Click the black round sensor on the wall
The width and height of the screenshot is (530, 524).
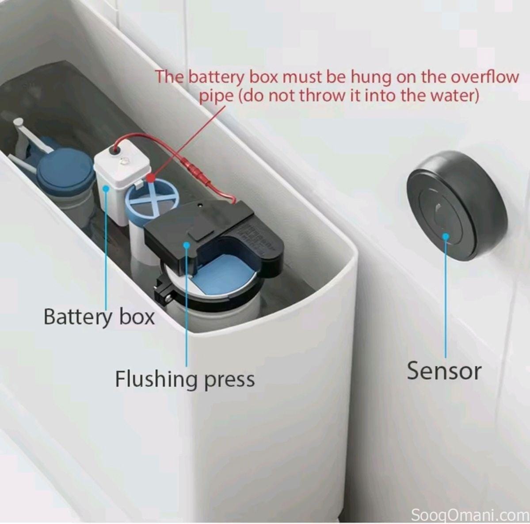pyautogui.click(x=456, y=204)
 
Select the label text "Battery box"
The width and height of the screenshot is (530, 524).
pyautogui.click(x=99, y=317)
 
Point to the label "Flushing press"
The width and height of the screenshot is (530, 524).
pyautogui.click(x=185, y=379)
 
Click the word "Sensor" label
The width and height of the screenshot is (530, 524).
pyautogui.click(x=444, y=370)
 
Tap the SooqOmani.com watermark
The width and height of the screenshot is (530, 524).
pyautogui.click(x=470, y=515)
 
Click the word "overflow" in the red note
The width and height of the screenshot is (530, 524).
pyautogui.click(x=485, y=77)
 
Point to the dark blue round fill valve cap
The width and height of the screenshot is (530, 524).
pyautogui.click(x=65, y=168)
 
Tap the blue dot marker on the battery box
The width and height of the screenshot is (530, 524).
pyautogui.click(x=106, y=188)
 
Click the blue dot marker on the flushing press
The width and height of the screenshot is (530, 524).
pyautogui.click(x=187, y=244)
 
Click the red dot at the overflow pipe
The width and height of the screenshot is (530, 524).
pyautogui.click(x=151, y=179)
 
